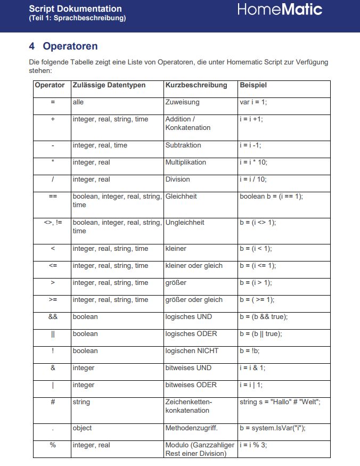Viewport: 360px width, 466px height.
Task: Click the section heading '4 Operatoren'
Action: click(63, 46)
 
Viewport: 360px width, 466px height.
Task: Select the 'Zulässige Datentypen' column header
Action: click(109, 85)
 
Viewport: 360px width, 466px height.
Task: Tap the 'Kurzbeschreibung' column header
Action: click(196, 85)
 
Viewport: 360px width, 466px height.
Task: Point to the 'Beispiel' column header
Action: click(253, 85)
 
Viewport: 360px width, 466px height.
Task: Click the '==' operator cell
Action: click(53, 197)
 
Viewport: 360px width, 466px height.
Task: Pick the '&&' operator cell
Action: click(53, 317)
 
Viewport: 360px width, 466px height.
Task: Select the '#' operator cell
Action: click(53, 402)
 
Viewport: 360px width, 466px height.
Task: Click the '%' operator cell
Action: click(53, 445)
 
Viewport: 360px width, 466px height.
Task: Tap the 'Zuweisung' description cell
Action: click(182, 102)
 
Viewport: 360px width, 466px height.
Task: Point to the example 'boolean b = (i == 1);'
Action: click(271, 197)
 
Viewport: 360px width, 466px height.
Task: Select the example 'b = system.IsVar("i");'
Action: click(272, 428)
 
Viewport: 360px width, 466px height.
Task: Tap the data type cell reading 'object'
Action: click(82, 428)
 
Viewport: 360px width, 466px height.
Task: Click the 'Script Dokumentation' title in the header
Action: click(75, 9)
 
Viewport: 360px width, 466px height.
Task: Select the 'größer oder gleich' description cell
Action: click(194, 300)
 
